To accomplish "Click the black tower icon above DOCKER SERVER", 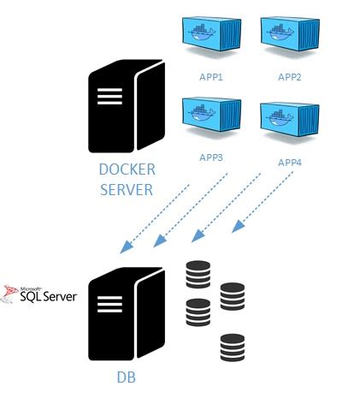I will click(x=126, y=107).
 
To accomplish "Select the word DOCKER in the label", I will click(x=127, y=170).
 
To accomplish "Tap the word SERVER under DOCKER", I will click(x=127, y=188).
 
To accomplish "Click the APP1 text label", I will click(x=210, y=77).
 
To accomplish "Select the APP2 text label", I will click(x=290, y=77).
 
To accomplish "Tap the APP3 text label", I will click(x=210, y=157).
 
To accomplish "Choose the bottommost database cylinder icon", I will click(x=232, y=348).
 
